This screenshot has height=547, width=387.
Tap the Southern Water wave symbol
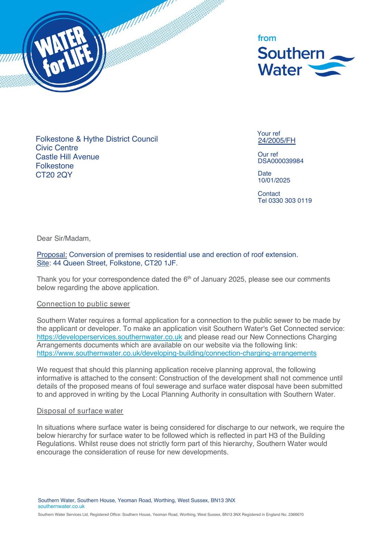click(331, 66)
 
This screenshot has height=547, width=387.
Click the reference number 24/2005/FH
click(277, 141)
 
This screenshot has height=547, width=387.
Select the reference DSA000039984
click(280, 161)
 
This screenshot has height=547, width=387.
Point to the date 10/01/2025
click(274, 181)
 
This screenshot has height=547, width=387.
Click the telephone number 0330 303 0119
click(290, 201)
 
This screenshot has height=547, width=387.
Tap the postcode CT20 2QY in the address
click(54, 175)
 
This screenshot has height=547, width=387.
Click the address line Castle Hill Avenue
click(67, 157)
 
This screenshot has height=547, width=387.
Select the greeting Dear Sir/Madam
click(64, 239)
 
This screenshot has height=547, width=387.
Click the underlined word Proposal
click(52, 255)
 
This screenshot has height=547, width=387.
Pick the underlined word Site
click(43, 263)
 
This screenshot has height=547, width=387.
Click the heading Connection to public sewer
click(83, 304)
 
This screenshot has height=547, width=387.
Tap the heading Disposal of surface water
click(80, 411)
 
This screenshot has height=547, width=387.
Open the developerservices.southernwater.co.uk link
click(109, 337)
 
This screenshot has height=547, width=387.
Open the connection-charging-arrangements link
click(176, 353)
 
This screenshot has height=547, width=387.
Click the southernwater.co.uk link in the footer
click(61, 506)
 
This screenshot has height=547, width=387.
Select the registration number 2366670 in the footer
click(296, 515)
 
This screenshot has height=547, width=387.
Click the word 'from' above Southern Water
click(267, 38)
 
